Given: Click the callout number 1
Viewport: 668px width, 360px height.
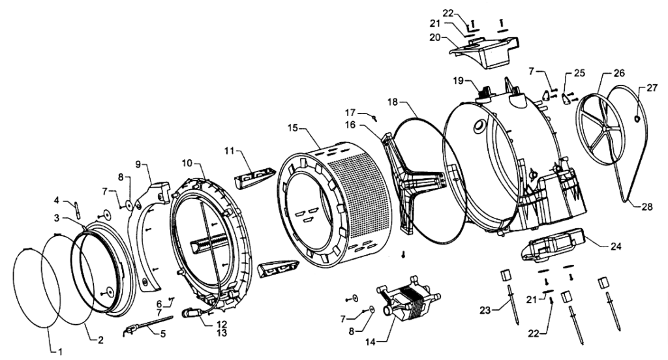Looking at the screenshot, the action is [60, 352].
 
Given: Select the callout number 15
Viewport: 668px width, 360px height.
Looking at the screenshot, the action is [293, 128].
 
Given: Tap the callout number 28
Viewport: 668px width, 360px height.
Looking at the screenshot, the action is [646, 207].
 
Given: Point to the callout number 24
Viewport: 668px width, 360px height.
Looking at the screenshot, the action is [616, 247].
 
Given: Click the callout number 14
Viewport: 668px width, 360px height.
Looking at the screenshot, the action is [371, 341].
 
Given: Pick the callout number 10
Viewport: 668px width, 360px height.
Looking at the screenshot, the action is [187, 163].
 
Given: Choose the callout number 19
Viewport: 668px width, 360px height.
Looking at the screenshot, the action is [459, 80].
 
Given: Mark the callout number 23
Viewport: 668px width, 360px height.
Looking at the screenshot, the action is [485, 311].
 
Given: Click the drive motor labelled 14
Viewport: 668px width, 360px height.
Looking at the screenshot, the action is [408, 298].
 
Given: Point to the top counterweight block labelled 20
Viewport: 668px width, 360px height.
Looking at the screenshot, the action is [485, 52].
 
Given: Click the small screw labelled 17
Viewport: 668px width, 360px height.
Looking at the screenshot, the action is [375, 118].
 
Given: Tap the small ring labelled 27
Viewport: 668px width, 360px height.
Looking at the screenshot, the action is [637, 119].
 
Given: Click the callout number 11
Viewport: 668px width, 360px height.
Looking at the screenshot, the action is [230, 151].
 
